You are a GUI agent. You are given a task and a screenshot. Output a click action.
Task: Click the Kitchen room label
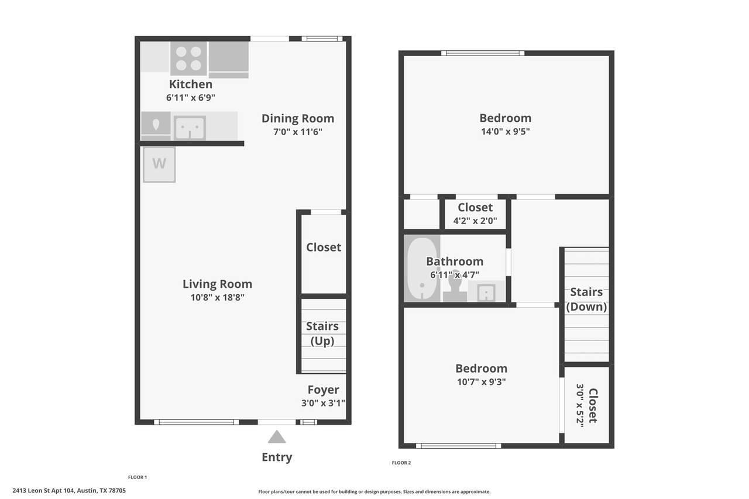(191, 84)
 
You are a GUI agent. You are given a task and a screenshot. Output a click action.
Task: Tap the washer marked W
(159, 164)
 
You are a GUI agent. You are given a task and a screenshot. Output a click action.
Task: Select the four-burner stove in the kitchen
(188, 58)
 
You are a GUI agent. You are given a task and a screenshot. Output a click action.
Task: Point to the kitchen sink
(190, 128)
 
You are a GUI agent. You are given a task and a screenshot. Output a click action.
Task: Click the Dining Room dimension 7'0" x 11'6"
(298, 132)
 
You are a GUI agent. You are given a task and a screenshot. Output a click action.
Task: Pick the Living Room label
(217, 284)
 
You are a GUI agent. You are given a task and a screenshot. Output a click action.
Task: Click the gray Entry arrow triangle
(277, 436)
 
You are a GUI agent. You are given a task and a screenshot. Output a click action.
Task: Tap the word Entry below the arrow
(277, 457)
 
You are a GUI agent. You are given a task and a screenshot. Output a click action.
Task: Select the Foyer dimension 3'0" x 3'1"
(323, 403)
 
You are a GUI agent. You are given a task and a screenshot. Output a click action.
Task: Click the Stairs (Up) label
(322, 333)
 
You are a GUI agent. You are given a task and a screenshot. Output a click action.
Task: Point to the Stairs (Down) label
(586, 300)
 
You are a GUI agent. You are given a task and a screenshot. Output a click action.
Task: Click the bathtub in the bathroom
(422, 269)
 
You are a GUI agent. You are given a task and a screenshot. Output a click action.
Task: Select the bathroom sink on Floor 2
(486, 292)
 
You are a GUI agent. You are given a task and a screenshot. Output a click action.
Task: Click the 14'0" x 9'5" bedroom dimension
(505, 132)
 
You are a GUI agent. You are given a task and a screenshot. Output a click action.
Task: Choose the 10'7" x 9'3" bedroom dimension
(481, 381)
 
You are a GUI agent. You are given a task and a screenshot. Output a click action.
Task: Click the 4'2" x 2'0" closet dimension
(475, 221)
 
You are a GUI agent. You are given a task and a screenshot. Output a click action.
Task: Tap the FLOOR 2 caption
(401, 463)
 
